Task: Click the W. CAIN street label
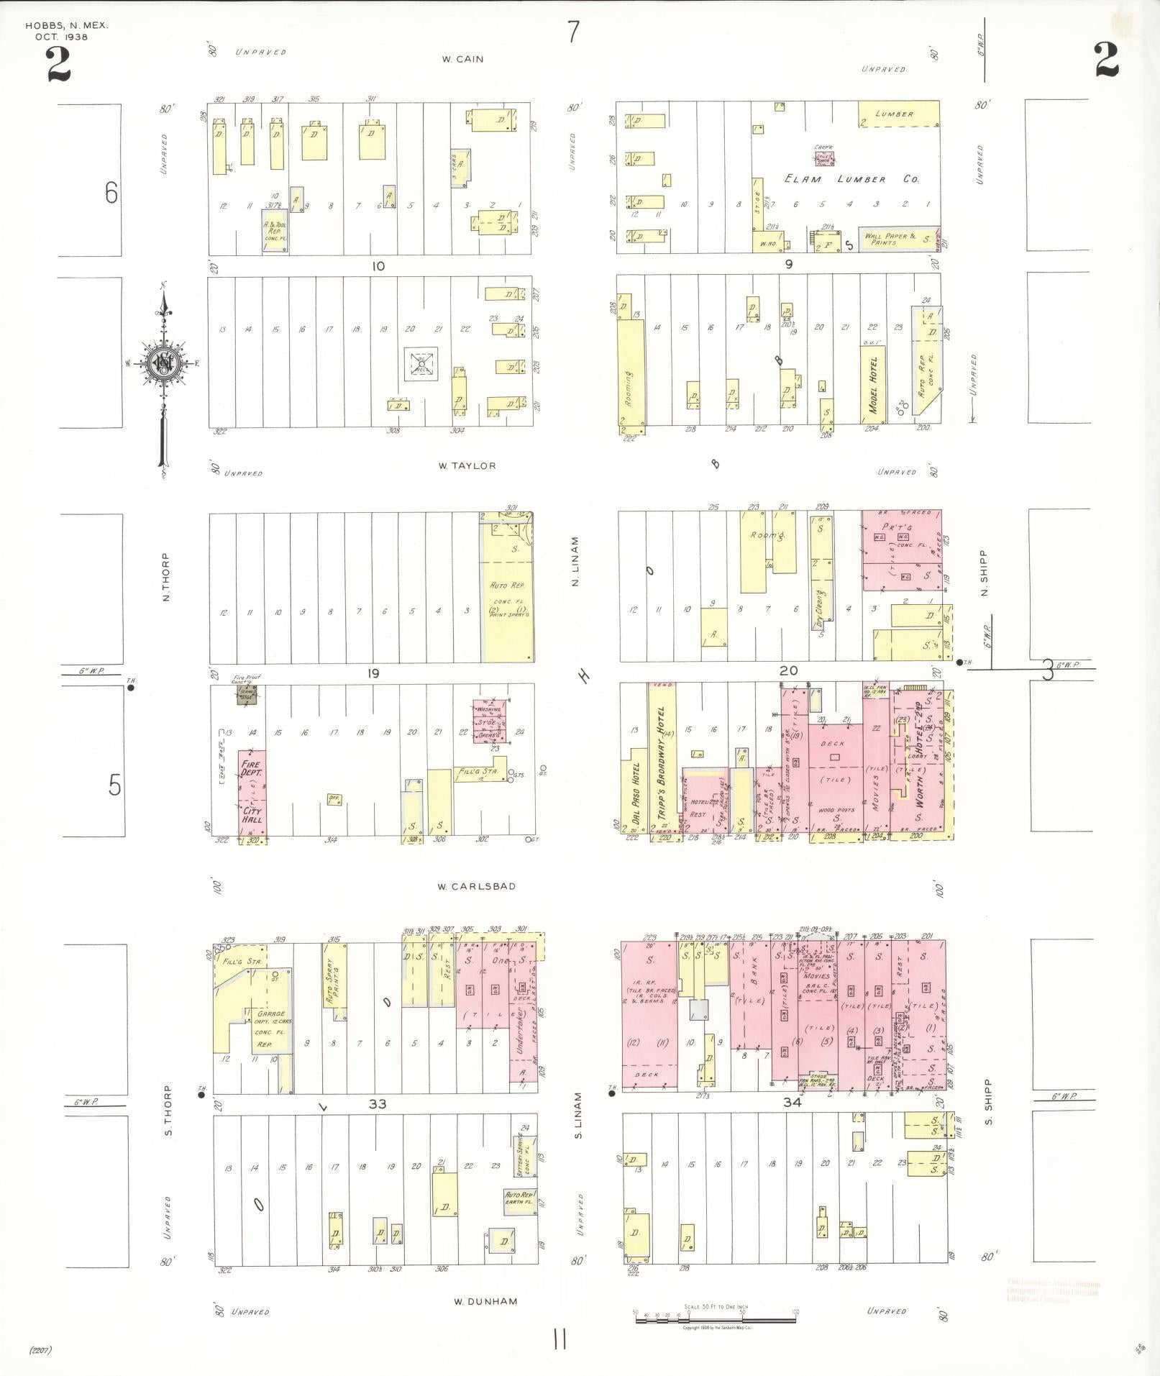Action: (x=462, y=59)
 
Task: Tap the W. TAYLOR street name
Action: (x=467, y=465)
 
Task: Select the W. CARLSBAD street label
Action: (x=476, y=886)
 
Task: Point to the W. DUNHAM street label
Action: (x=485, y=1301)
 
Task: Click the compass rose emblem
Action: (x=165, y=364)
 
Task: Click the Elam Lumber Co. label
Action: (x=851, y=178)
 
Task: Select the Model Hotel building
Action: (x=873, y=386)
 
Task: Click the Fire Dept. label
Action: (x=252, y=769)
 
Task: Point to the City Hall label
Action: (x=252, y=815)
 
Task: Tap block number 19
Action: (x=373, y=674)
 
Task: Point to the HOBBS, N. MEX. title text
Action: (x=66, y=25)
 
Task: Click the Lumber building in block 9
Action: (x=898, y=114)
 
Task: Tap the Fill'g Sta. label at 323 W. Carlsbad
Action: (x=241, y=961)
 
